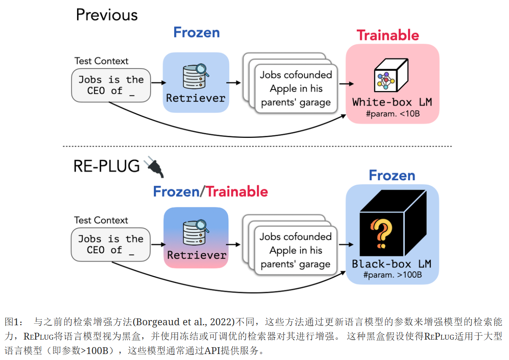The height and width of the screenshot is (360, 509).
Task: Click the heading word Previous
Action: [107, 15]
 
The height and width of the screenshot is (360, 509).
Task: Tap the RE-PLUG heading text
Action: [107, 166]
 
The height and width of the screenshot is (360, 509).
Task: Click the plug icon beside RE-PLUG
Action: [154, 167]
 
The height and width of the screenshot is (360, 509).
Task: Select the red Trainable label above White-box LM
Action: [388, 35]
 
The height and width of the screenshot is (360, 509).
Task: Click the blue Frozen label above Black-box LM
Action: [392, 175]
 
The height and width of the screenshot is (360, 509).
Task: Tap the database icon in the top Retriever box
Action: [195, 76]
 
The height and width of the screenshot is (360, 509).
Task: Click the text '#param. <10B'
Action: [392, 114]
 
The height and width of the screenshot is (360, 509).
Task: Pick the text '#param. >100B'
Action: [392, 274]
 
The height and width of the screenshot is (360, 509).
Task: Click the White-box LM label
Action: [392, 102]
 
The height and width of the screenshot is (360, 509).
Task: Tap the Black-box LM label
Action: [392, 264]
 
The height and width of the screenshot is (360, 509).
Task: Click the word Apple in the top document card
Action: [283, 88]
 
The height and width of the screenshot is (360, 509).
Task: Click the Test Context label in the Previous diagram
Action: [101, 61]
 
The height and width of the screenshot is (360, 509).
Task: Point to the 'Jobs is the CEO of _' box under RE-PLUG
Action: [111, 245]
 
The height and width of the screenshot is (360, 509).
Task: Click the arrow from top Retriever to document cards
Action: [234, 83]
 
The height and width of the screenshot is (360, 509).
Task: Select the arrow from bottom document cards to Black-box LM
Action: [346, 245]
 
